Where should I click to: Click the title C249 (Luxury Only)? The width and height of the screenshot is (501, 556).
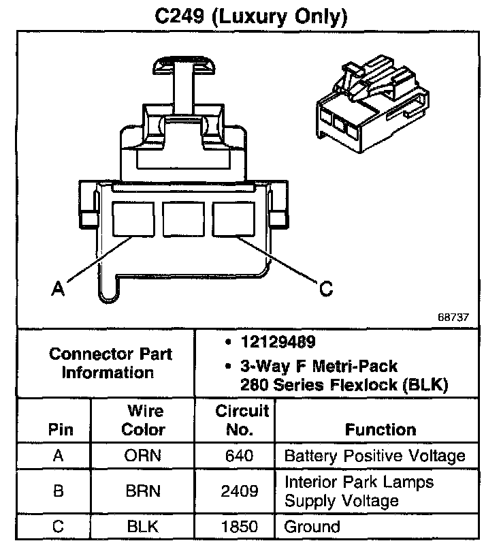coord(250,16)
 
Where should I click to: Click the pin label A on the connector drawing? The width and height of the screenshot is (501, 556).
coord(59,289)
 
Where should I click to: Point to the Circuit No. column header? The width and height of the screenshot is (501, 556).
coord(242,420)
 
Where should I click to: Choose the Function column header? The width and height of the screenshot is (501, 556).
coord(381,429)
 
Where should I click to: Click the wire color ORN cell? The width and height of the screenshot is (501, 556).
coord(143,456)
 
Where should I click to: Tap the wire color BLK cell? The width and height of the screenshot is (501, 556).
coord(143,527)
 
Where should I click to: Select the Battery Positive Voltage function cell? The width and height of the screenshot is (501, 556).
coord(374,456)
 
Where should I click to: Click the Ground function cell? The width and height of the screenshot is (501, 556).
coord(312,527)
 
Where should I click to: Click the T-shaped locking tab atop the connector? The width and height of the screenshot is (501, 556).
coord(182,65)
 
